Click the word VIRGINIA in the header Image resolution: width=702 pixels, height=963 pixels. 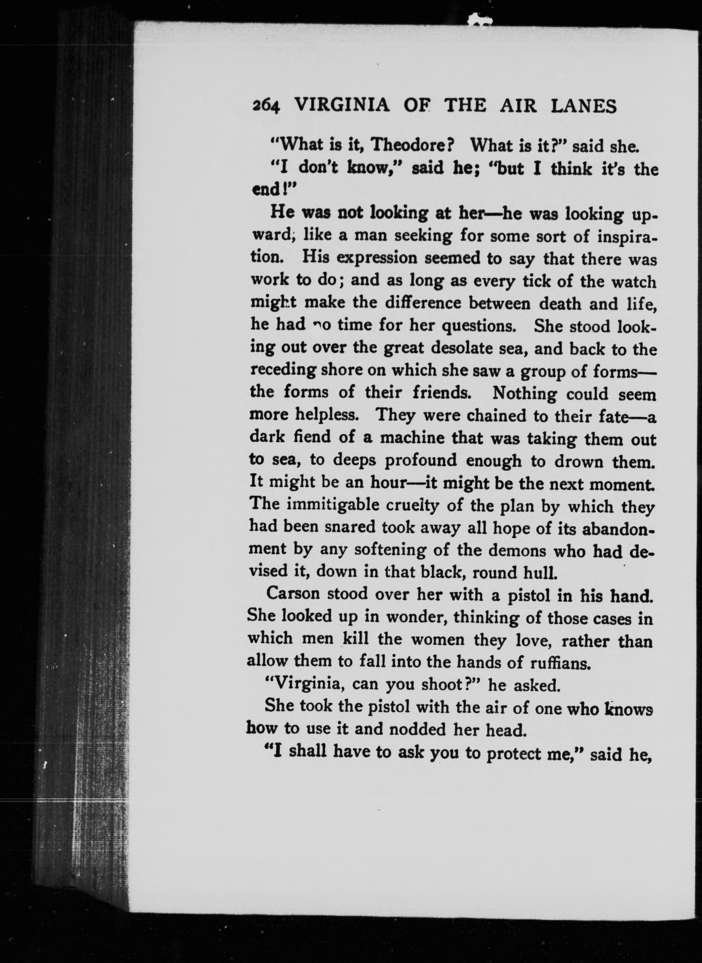tap(342, 104)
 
